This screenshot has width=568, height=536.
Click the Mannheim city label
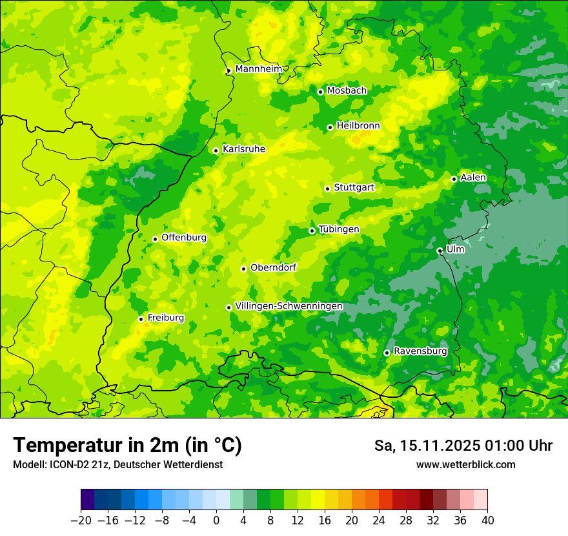(258, 69)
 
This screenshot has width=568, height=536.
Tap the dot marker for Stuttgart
(327, 189)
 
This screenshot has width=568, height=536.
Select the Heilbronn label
(358, 126)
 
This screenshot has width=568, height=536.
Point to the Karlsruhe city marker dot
(216, 150)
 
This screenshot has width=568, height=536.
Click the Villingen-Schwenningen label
(289, 306)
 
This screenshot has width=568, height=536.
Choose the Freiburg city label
(165, 318)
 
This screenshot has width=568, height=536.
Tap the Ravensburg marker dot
(387, 353)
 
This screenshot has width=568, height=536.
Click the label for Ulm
(455, 249)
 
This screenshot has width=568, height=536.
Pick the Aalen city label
(473, 178)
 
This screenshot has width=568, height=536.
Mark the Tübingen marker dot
(312, 231)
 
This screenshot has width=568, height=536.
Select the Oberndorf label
(273, 267)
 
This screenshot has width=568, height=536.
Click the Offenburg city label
(184, 238)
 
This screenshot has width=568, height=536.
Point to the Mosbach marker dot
(320, 92)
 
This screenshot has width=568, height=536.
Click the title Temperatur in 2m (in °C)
(127, 445)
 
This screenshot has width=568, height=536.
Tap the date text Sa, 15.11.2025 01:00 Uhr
(463, 446)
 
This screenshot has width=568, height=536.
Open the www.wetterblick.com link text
(465, 464)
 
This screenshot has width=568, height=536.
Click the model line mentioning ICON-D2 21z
(117, 464)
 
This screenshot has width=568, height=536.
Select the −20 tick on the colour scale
(81, 521)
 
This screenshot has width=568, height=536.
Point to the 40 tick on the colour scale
(487, 521)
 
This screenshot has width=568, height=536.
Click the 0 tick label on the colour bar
(216, 521)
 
